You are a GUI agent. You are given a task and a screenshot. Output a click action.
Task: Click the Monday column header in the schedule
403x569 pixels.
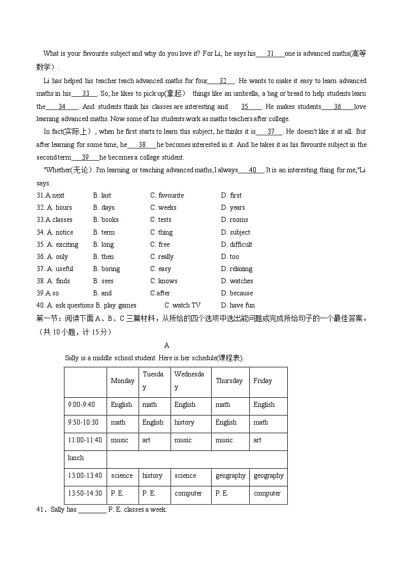(122, 381)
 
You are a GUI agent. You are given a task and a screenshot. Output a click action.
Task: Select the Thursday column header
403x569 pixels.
(229, 381)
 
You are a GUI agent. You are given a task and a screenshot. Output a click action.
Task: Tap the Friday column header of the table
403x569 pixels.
(262, 381)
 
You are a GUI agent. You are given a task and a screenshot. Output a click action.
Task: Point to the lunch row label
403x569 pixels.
(76, 458)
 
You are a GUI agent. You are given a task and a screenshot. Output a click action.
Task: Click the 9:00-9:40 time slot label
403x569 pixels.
(81, 405)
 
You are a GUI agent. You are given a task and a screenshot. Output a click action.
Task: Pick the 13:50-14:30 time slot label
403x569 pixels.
(85, 494)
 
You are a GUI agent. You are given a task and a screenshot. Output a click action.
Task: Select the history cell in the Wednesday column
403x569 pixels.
(184, 423)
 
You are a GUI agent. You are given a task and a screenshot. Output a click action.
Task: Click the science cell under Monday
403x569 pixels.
(121, 476)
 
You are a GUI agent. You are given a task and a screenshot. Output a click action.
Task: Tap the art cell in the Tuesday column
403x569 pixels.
(146, 440)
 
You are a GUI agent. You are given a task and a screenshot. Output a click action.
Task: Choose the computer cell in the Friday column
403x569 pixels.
(267, 494)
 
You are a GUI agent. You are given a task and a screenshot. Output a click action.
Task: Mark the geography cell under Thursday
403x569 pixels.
(230, 476)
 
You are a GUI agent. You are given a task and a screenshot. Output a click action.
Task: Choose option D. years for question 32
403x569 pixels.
(233, 208)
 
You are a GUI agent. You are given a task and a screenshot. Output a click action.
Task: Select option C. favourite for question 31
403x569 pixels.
(167, 196)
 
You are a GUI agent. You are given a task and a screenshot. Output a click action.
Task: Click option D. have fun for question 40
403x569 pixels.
(238, 306)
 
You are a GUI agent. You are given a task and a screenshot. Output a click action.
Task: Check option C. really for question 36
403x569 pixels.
(162, 257)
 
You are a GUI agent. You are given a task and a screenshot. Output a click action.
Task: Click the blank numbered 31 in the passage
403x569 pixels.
(270, 54)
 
